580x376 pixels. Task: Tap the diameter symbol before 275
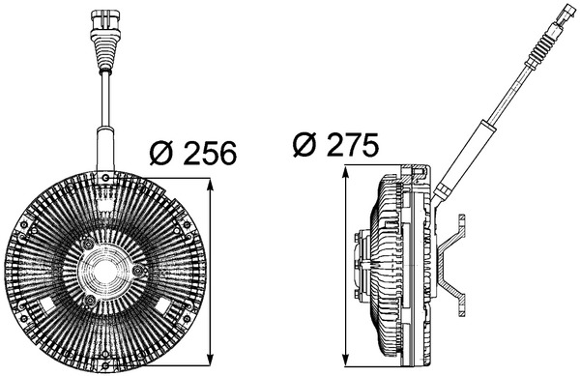pyautogui.click(x=305, y=146)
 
